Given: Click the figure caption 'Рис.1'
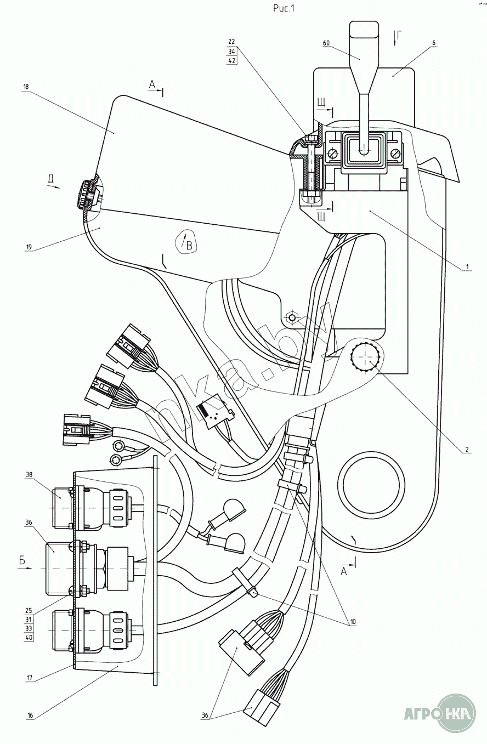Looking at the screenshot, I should click(284, 8).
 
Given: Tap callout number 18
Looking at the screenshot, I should click(26, 87).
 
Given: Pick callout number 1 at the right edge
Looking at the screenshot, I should click(467, 266).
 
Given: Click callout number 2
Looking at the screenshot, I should click(467, 448).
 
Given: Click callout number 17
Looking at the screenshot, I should click(29, 678).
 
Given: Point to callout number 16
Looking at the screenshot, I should click(29, 715).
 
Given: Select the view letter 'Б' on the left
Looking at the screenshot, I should click(22, 560).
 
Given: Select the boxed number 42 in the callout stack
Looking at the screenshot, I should click(231, 60).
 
